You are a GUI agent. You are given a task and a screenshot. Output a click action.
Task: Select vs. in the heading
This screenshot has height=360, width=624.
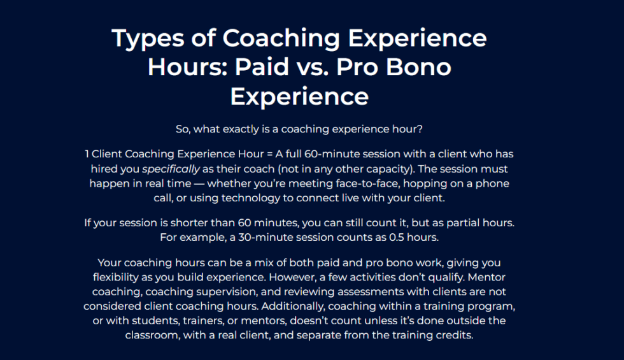325,67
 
